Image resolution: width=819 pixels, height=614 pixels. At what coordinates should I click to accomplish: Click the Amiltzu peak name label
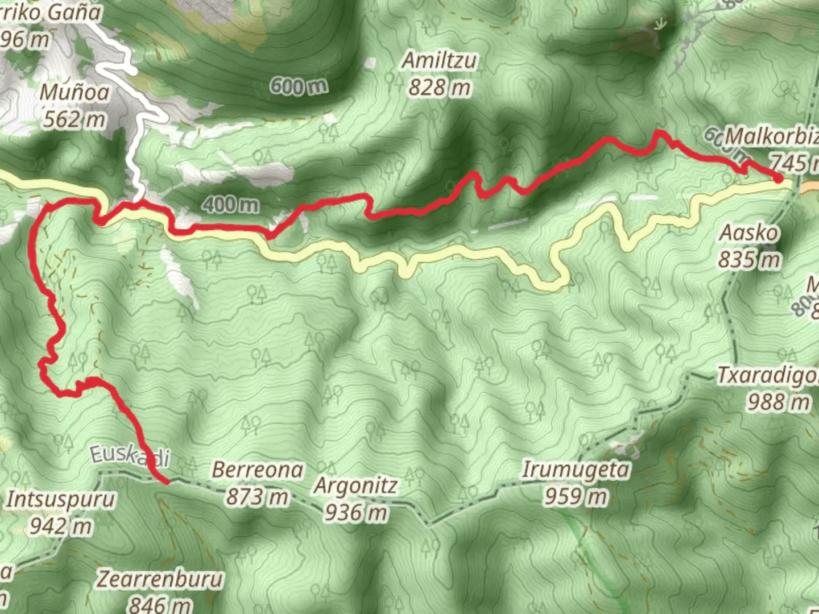(440, 60)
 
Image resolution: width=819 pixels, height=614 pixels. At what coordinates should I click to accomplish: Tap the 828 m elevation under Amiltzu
(440, 87)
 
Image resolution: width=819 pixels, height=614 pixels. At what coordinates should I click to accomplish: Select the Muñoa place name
(75, 92)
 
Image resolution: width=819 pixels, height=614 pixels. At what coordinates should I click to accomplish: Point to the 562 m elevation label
(75, 119)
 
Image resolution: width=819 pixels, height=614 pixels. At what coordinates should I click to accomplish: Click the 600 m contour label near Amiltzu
(299, 86)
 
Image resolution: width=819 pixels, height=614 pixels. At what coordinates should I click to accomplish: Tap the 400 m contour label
(230, 204)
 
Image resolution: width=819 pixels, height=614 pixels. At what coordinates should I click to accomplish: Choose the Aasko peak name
(749, 233)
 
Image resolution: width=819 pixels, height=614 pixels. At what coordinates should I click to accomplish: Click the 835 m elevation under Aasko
(749, 259)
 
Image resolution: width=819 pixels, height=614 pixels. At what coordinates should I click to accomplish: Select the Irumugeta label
(576, 470)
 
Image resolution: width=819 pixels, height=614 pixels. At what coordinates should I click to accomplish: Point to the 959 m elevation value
(576, 496)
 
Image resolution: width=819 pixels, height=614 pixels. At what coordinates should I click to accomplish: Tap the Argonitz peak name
(356, 486)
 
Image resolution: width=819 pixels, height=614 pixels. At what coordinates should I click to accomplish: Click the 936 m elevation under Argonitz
(356, 512)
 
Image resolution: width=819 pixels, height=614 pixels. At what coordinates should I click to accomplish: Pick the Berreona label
(258, 470)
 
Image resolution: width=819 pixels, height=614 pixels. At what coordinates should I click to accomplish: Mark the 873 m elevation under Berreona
(258, 496)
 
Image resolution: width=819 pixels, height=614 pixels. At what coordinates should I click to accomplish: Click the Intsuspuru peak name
(61, 499)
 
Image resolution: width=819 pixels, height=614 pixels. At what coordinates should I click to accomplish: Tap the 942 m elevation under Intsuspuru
(61, 526)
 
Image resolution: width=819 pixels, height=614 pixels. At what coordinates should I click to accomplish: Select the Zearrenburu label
(160, 579)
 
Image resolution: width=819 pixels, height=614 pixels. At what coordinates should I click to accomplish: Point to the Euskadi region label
(130, 456)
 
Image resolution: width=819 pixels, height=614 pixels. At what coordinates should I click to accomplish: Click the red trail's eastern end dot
(777, 179)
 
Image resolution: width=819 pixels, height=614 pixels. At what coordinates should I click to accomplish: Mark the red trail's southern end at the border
(167, 482)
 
